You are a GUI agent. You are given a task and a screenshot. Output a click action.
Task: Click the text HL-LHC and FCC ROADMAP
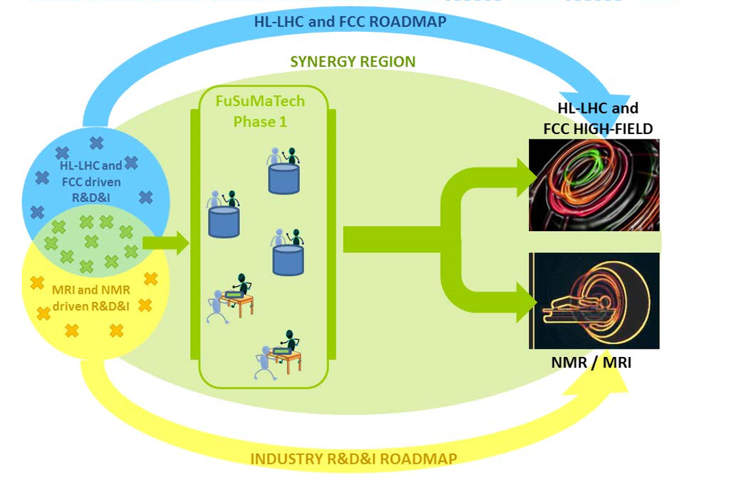pyautogui.click(x=350, y=21)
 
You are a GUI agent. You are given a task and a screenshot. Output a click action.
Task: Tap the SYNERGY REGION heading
pyautogui.click(x=353, y=61)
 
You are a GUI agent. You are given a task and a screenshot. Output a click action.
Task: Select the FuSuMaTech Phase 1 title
pyautogui.click(x=260, y=112)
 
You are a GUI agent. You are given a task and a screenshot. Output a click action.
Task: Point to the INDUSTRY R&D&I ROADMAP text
pyautogui.click(x=353, y=459)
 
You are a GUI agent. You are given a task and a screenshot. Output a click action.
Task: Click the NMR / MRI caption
pyautogui.click(x=591, y=362)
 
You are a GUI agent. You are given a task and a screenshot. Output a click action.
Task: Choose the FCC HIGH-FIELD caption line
pyautogui.click(x=597, y=128)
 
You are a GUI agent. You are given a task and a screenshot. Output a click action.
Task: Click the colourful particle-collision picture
pyautogui.click(x=594, y=185)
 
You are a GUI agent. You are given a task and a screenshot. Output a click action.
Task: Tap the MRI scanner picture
pyautogui.click(x=594, y=301)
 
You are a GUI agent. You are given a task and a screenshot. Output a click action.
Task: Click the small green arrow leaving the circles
pyautogui.click(x=166, y=243)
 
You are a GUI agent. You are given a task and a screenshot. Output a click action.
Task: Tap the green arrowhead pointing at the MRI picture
pyautogui.click(x=526, y=302)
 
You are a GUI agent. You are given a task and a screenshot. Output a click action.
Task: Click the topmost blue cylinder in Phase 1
pyautogui.click(x=283, y=179)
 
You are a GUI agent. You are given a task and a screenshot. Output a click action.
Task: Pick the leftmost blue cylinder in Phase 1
pyautogui.click(x=224, y=222)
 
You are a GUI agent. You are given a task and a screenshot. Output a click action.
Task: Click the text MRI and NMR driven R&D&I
pyautogui.click(x=91, y=298)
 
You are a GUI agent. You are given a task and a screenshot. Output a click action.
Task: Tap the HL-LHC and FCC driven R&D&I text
pyautogui.click(x=91, y=182)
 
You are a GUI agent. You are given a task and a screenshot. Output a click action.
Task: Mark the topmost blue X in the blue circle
pyautogui.click(x=97, y=143)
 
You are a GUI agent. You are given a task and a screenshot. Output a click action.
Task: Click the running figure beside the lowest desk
pyautogui.click(x=264, y=363)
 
